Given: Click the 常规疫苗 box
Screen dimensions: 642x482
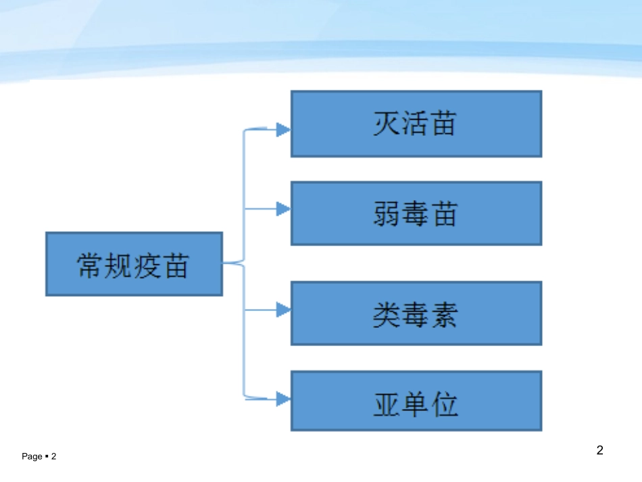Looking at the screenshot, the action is coord(134,264).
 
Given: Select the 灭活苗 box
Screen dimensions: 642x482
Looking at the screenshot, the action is coord(416,124).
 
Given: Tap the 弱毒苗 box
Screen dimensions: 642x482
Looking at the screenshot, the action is coord(416,214).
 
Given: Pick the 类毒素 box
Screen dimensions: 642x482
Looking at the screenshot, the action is coord(416,313).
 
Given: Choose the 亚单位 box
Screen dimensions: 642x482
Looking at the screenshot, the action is coord(416,401).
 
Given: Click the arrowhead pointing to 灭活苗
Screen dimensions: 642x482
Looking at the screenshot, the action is coord(283,130).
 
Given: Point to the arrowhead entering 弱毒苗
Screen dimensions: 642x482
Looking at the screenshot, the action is coord(283,209).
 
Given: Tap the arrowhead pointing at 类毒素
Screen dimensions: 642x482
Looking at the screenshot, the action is coord(283,310).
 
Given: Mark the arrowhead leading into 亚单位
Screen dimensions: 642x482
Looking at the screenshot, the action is coord(283,399).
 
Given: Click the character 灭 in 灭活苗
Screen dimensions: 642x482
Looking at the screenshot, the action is coord(387,123).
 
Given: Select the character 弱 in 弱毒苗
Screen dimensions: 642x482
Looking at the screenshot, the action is coord(387,214).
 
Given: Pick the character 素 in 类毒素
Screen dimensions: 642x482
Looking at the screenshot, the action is coord(445,314).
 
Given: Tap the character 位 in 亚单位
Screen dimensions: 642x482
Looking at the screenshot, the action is coord(445,404).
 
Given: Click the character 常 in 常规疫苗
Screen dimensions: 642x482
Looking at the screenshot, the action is coord(90,266).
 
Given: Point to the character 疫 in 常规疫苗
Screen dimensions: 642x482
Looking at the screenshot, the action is coord(147,266).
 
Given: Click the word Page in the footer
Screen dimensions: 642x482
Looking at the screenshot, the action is coord(32,456).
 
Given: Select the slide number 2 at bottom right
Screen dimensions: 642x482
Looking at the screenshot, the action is coord(600,450).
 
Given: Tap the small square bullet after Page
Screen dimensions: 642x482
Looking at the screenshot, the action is coord(47,456).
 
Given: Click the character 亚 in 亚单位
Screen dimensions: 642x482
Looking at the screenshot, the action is coord(387,404).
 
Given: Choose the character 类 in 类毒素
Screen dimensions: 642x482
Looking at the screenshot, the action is coord(387,314).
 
